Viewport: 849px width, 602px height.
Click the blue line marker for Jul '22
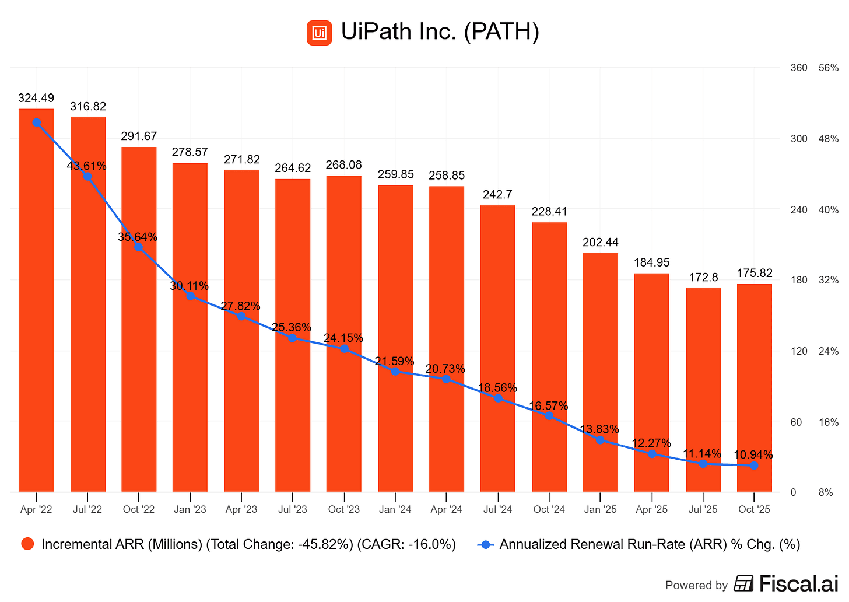(87, 177)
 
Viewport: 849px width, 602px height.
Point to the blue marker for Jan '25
(600, 440)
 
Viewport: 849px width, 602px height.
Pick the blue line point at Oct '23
(344, 349)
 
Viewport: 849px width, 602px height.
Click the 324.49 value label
(36, 98)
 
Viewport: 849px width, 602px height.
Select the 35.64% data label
(138, 237)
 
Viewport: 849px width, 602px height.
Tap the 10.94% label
(753, 455)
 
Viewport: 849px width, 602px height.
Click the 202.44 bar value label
(600, 242)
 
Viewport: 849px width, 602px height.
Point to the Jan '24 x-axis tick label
(395, 509)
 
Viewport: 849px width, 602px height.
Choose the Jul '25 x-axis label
(703, 509)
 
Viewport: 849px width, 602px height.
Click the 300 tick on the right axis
(798, 139)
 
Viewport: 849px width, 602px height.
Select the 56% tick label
(829, 68)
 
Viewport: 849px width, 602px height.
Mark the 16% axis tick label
(829, 422)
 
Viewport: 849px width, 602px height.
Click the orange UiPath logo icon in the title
(319, 33)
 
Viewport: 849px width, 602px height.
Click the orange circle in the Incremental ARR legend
(27, 544)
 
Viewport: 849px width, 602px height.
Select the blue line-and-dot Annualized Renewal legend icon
(486, 544)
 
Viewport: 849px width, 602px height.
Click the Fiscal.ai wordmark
(798, 583)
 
